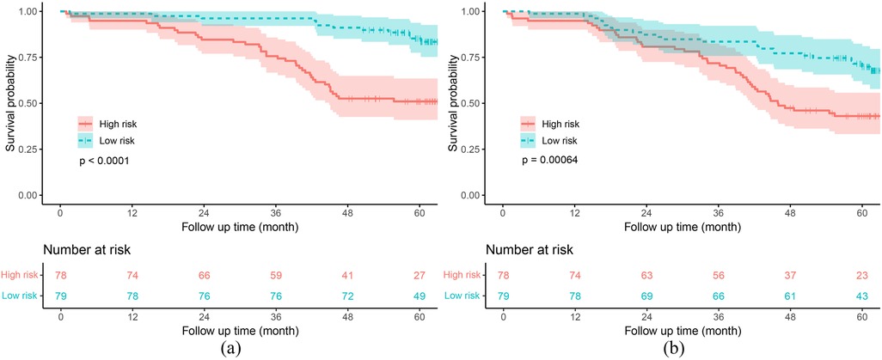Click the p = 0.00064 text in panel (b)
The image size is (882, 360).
tap(543, 161)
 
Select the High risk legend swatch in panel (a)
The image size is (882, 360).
tap(85, 123)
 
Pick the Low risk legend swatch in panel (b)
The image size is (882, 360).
tap(528, 140)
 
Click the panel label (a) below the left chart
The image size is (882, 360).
tap(207, 349)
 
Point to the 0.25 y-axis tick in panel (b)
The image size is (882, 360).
tap(471, 149)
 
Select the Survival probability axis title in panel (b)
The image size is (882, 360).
tap(452, 102)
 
